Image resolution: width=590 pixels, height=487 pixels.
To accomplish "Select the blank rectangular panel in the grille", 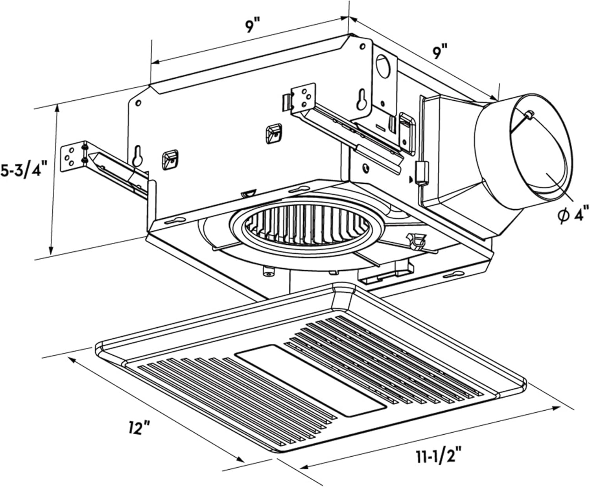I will tap(311, 380).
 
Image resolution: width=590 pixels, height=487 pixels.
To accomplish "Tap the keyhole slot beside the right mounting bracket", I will tap(360, 101).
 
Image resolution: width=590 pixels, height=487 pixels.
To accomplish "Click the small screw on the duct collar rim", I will tap(529, 114).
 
